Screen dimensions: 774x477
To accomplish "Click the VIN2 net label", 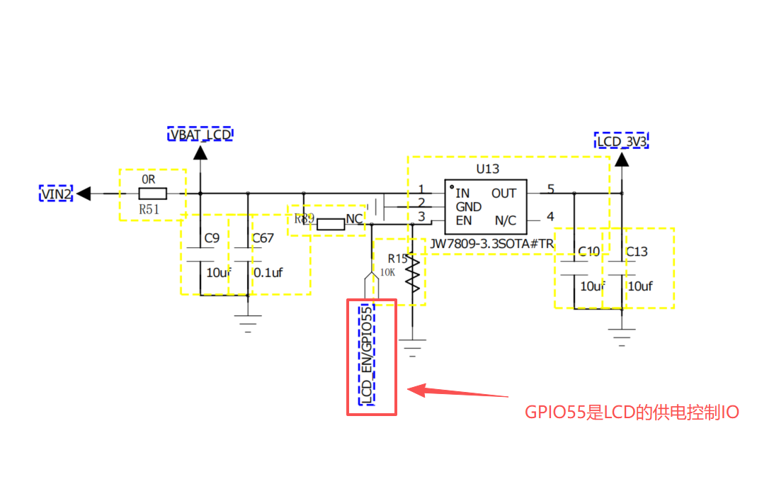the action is tap(56, 193).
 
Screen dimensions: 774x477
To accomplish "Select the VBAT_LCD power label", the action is tap(200, 135).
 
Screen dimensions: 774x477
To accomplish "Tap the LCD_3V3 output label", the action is tap(622, 141).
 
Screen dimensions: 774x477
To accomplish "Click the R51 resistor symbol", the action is tap(152, 193).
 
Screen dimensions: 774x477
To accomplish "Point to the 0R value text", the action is tap(148, 179).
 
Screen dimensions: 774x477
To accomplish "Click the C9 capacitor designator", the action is tap(212, 238).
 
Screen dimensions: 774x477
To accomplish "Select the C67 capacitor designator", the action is tap(263, 238).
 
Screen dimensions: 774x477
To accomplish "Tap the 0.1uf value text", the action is tap(268, 272).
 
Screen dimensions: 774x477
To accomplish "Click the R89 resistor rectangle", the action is tap(331, 225).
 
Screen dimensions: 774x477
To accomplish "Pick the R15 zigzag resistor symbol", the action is tap(413, 274).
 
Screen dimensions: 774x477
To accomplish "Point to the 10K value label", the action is tap(387, 272).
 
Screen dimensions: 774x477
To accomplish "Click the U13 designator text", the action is tap(488, 169).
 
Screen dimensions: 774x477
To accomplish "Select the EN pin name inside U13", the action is tap(464, 220).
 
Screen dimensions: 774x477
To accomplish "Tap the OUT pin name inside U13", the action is tap(503, 193).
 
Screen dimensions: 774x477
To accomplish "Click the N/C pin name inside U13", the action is tap(506, 220).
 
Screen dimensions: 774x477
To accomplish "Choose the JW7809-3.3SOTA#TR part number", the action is tap(491, 244).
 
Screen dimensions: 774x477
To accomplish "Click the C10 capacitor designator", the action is tap(589, 252).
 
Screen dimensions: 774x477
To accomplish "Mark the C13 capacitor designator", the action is tap(637, 252).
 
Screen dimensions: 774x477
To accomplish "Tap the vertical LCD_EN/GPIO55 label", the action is tap(366, 355).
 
